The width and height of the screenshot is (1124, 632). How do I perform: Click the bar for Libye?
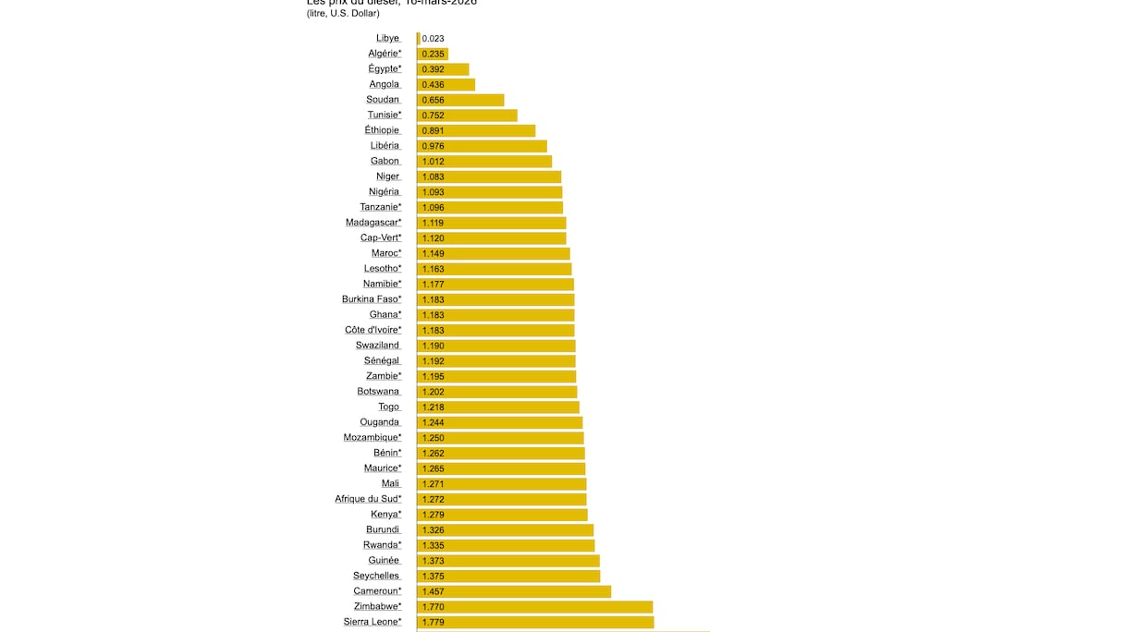(x=418, y=39)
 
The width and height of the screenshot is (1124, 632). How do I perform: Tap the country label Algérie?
(x=385, y=54)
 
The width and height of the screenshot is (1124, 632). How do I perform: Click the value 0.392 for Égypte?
(x=433, y=69)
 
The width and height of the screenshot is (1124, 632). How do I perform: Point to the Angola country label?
(x=385, y=84)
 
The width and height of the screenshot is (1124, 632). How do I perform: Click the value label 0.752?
(x=433, y=115)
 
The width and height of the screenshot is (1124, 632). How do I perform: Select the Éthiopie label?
(x=382, y=130)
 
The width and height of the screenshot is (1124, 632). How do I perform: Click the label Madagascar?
(x=373, y=223)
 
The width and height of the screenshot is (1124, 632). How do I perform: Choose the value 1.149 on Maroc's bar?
(x=433, y=253)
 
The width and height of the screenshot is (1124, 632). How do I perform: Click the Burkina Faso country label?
(x=372, y=299)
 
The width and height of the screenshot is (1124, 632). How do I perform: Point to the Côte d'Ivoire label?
(x=373, y=330)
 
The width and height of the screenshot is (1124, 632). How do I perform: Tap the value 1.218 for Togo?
(x=433, y=407)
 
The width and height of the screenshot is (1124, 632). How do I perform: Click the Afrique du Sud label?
(x=368, y=499)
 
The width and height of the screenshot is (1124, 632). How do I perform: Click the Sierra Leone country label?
(x=373, y=622)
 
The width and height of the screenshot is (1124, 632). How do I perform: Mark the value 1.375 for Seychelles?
(x=433, y=577)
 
